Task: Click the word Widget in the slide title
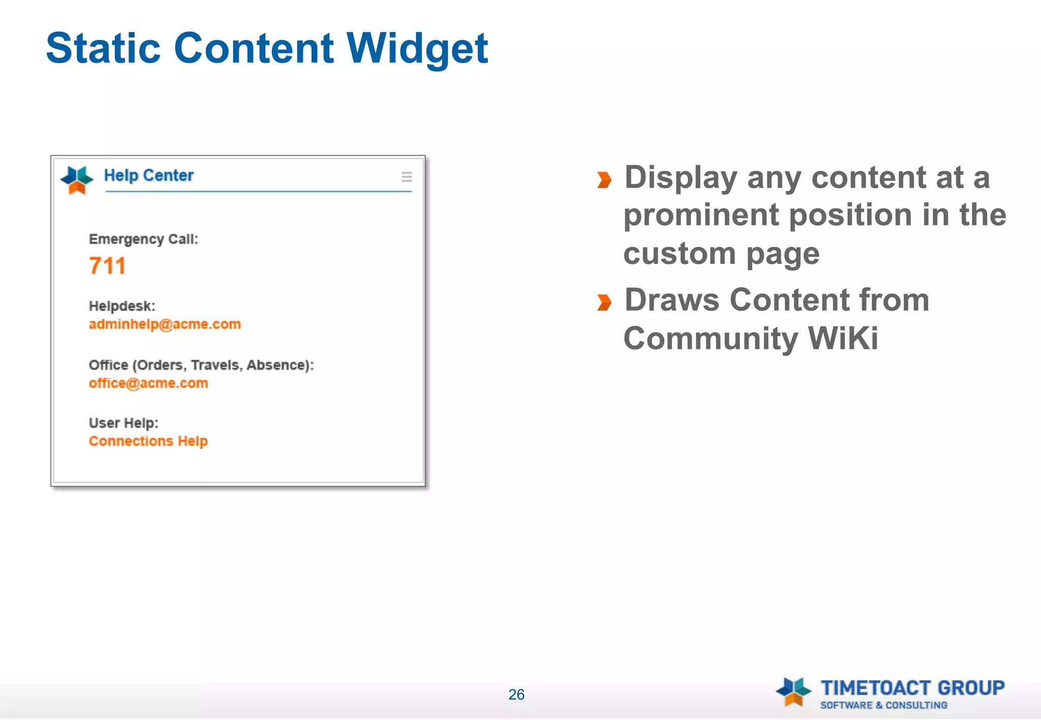417,49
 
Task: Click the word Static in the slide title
103,49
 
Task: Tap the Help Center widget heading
148,176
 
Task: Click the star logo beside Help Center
77,180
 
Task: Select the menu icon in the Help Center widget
407,177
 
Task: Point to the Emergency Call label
143,239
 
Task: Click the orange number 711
107,266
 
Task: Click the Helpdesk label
122,306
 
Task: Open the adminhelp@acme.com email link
165,324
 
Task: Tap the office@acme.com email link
148,383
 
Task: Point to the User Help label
124,423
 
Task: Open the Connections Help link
148,441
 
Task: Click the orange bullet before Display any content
604,180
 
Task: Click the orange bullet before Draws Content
604,303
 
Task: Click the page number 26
516,695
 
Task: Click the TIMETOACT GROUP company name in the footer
912,688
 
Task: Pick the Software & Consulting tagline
884,705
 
